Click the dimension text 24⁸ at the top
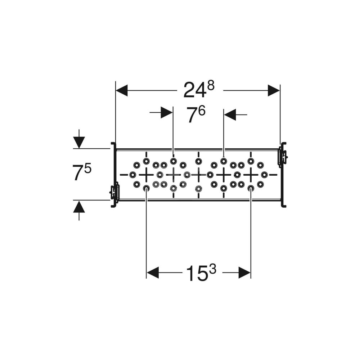198,90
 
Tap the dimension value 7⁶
195,115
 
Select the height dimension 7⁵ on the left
82,173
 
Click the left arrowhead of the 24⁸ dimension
122,90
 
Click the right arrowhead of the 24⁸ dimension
274,90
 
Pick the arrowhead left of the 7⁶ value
167,113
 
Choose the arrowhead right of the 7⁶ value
230,115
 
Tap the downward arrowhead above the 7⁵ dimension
79,142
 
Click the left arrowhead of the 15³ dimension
153,273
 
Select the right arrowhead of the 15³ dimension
244,273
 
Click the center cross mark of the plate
198,175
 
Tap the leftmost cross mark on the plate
146,175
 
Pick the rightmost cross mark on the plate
251,175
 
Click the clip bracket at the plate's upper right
283,157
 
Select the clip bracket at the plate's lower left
114,192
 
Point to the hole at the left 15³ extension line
146,188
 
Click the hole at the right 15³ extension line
251,188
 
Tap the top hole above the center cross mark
198,161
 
